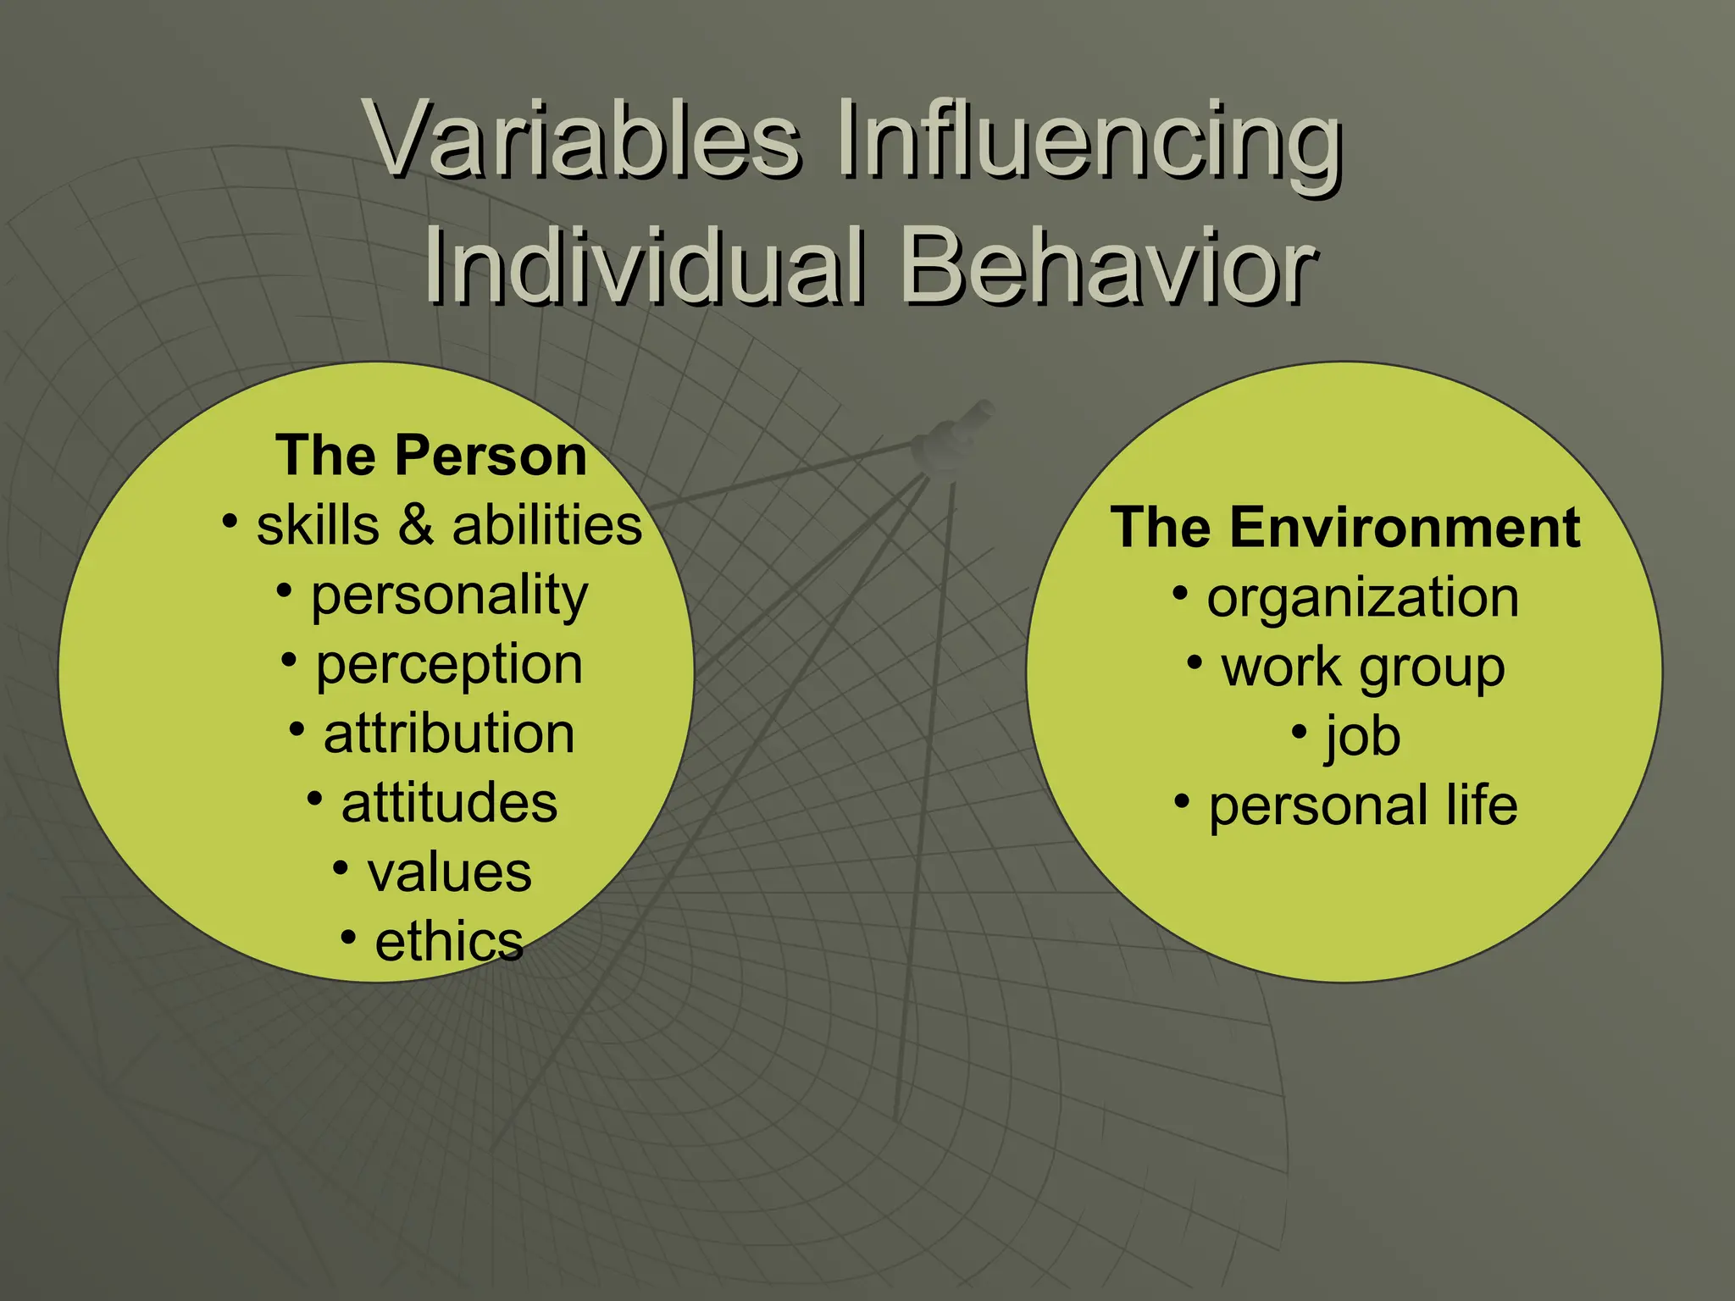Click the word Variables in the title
[x=585, y=140]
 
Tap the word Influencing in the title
[x=1089, y=140]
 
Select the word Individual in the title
[x=644, y=267]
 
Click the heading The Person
[x=431, y=456]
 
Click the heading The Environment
[x=1345, y=528]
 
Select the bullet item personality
[x=449, y=596]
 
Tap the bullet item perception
[x=449, y=666]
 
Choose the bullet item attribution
[x=449, y=734]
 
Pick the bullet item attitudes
[x=449, y=803]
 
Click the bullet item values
[x=449, y=872]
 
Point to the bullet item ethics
[x=449, y=942]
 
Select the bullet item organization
[x=1362, y=598]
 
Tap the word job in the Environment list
[x=1362, y=737]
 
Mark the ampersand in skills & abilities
[x=416, y=525]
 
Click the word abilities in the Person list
[x=546, y=525]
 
